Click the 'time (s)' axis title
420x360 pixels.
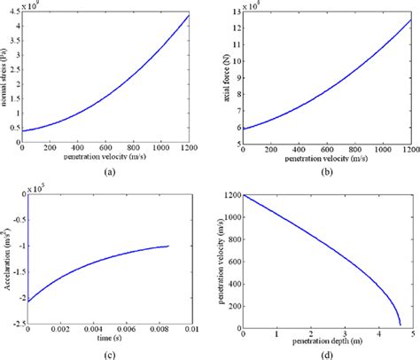click(108, 340)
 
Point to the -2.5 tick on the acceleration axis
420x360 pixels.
click(15, 327)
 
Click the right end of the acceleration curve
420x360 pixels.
click(167, 246)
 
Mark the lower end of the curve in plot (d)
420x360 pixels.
click(400, 324)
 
